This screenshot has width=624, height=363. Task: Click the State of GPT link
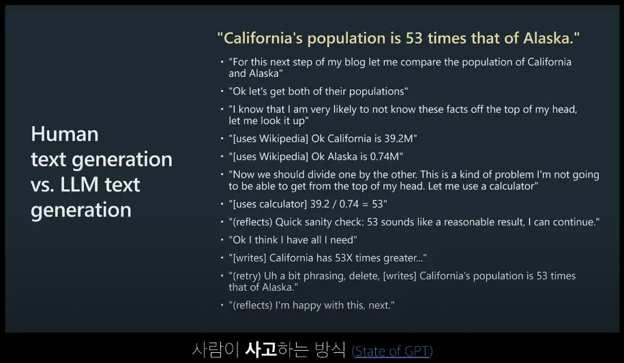pos(392,351)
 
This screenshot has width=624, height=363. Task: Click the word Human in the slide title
pos(65,134)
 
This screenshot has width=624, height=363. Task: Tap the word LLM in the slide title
pos(79,185)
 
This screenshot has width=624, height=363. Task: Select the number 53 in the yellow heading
pos(414,38)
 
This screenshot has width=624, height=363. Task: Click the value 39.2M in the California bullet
pos(400,138)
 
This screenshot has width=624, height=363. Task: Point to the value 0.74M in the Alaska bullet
pos(387,157)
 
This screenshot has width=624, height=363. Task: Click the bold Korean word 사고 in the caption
pos(261,349)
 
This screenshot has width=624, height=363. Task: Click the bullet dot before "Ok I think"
pos(222,239)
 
